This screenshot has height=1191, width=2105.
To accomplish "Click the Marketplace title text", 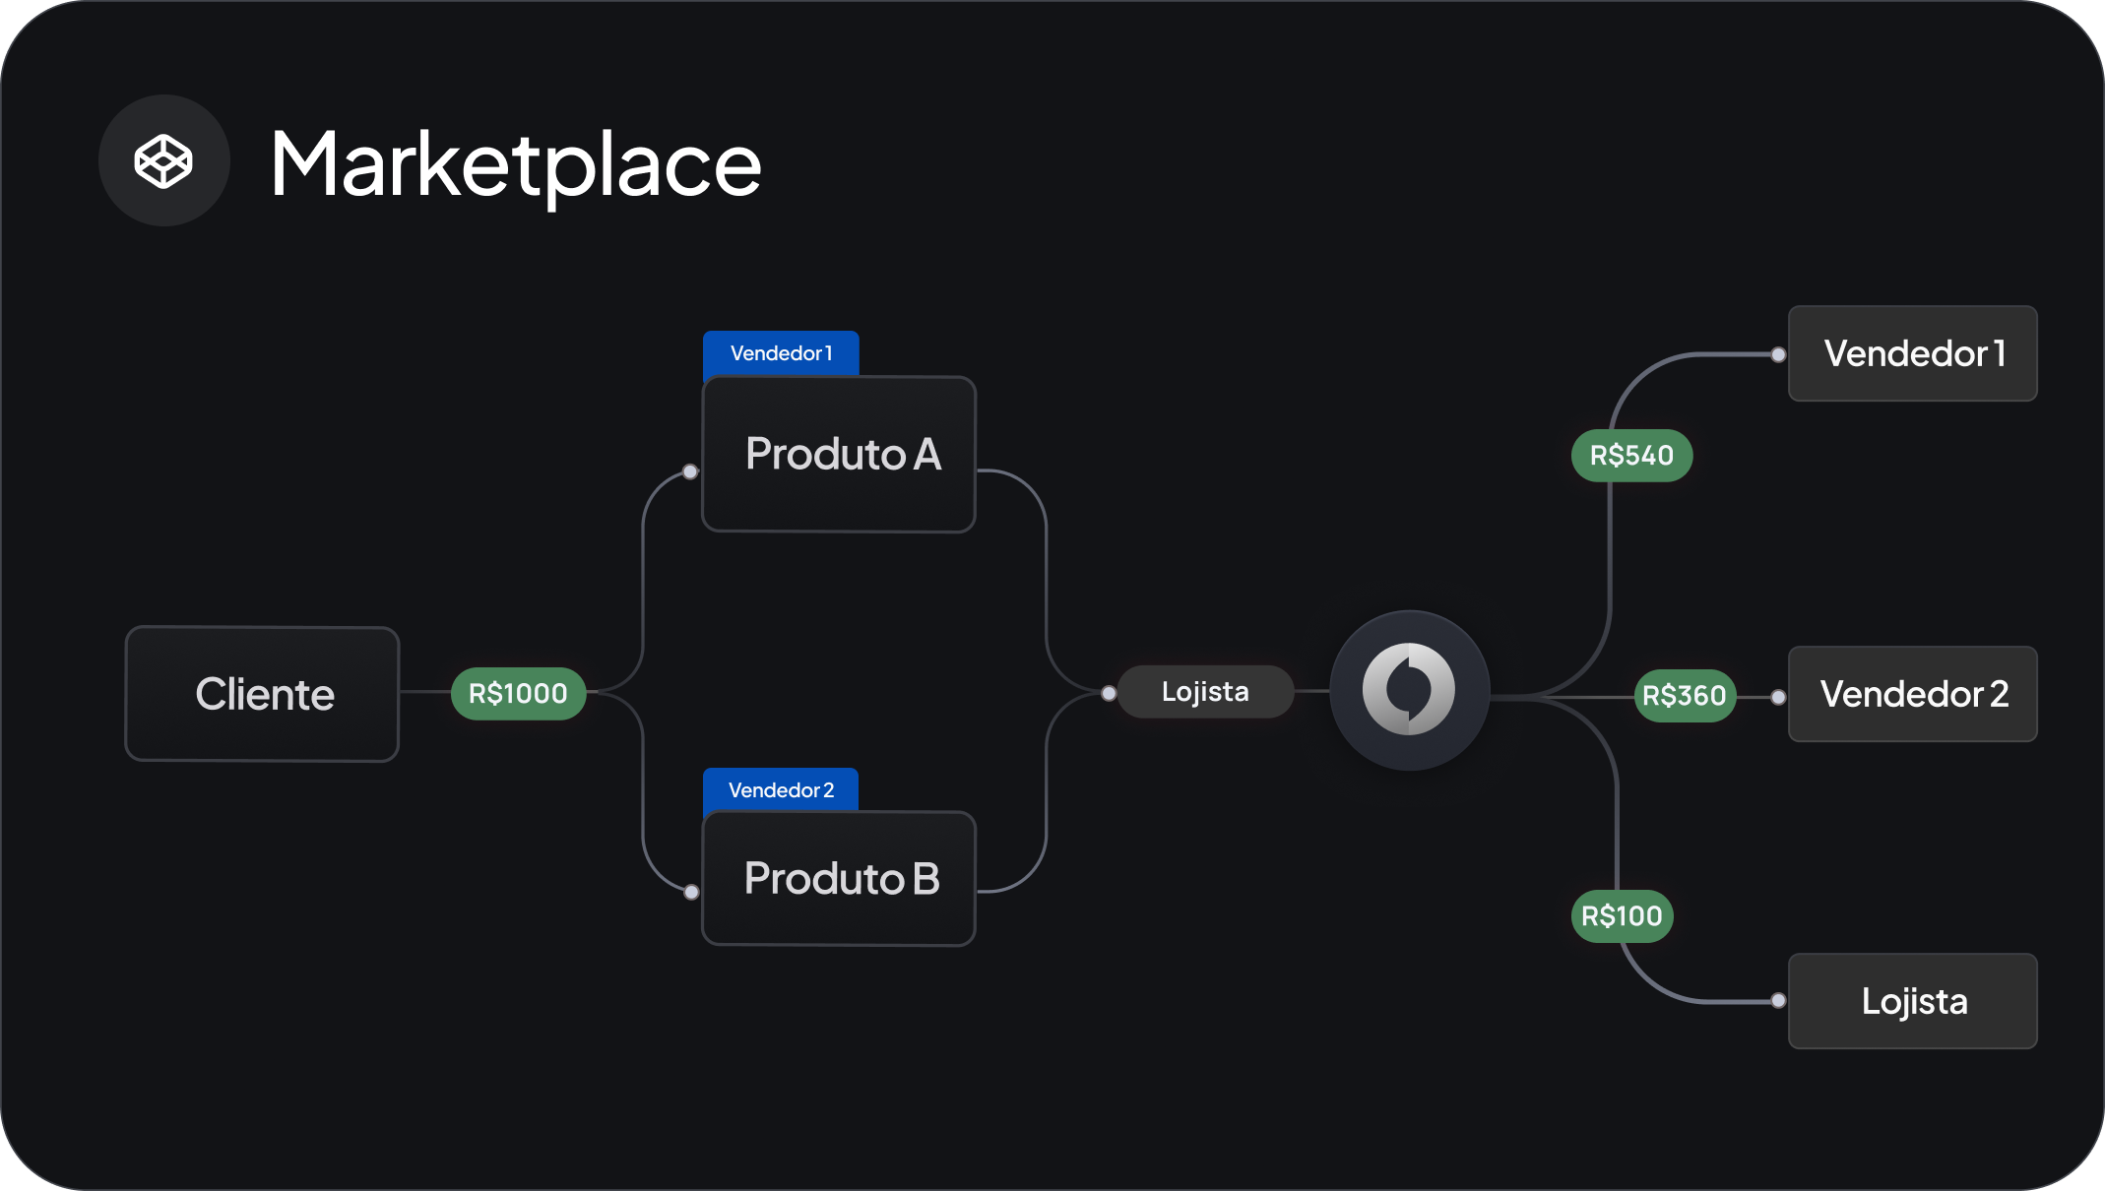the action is [516, 164].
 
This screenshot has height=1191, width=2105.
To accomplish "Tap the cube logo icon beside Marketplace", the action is [163, 160].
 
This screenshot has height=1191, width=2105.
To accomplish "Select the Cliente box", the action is [262, 694].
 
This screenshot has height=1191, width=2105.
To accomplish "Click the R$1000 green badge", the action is [518, 694].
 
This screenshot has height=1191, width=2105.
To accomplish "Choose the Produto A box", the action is [839, 454].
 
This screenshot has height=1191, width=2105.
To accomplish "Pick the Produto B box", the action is [839, 878].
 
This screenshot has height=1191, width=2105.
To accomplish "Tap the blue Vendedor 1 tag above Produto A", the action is [781, 353].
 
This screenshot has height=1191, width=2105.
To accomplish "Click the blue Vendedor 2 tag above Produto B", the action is [781, 789].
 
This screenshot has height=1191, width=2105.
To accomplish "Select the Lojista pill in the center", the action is [1205, 692].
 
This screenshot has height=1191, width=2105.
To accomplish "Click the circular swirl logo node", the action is [1409, 690].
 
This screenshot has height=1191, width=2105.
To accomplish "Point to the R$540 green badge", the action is [1631, 456].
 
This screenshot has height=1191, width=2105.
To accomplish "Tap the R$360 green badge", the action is [1685, 696].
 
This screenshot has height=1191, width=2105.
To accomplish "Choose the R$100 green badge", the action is [1622, 916].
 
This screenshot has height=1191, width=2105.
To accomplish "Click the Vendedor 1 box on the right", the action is [1913, 353].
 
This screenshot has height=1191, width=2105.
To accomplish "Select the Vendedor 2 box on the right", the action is [1913, 694].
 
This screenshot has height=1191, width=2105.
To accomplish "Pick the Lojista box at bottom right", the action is [1913, 1001].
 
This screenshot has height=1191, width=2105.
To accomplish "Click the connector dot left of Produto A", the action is [690, 471].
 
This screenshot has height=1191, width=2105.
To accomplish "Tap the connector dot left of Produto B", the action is [692, 892].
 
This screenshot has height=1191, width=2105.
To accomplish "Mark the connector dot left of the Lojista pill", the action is [1109, 694].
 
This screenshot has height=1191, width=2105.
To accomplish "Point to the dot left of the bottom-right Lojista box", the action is [1778, 1001].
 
